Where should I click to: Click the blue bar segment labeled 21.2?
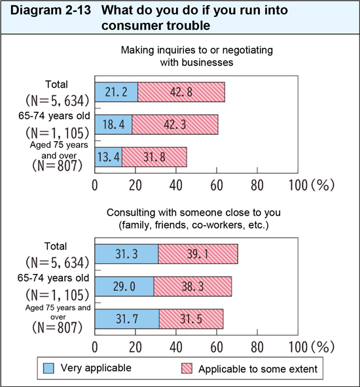[117, 92]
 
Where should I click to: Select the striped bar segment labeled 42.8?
[181, 92]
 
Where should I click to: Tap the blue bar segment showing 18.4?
[114, 124]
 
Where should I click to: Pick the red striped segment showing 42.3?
[175, 124]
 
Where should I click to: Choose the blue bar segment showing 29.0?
[124, 286]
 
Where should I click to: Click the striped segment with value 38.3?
[193, 286]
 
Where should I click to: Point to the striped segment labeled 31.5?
[191, 318]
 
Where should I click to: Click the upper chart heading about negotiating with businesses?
[197, 56]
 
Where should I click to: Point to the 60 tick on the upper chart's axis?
[216, 184]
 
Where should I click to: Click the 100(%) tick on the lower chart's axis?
[311, 346]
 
